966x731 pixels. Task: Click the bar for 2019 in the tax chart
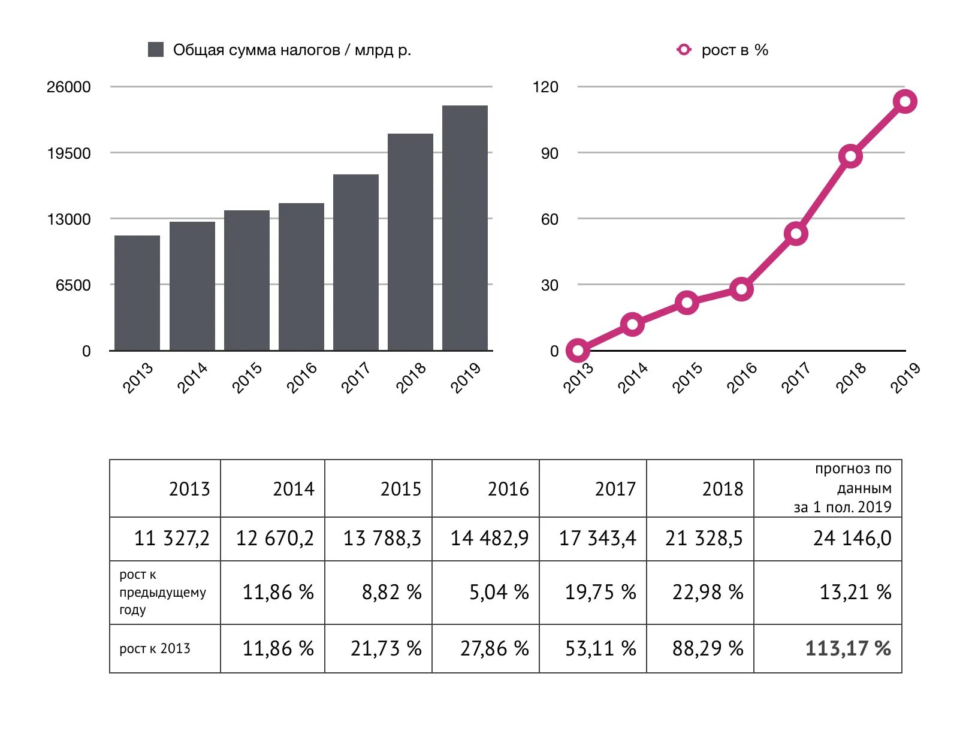point(464,228)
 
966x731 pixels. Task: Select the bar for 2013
point(137,293)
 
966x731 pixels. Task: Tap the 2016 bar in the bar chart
point(301,277)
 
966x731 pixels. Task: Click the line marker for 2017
point(796,234)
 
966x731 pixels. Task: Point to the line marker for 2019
point(905,101)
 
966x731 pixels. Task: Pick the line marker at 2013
point(578,351)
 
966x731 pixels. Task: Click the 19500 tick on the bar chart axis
point(69,153)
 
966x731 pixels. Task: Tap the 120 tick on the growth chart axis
point(545,87)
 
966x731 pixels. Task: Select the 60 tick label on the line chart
point(550,219)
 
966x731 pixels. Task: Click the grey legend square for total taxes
point(156,50)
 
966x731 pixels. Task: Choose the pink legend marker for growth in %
point(684,50)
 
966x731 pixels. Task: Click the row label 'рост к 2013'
point(155,648)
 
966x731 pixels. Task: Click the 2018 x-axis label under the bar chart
point(412,377)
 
